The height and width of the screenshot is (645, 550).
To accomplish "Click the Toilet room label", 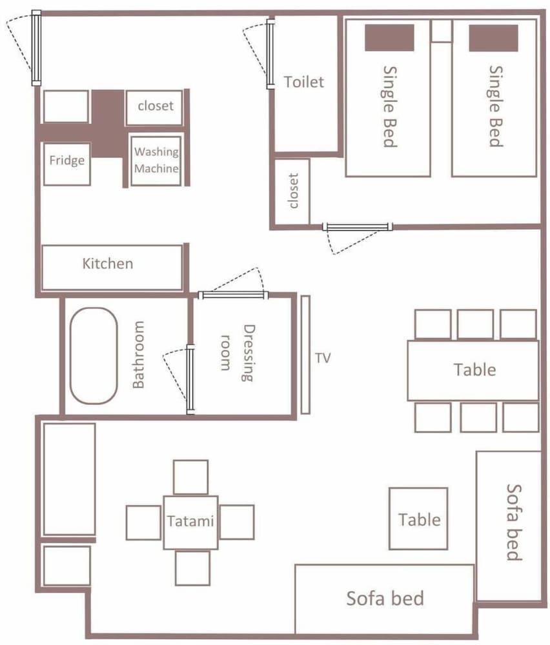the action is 304,82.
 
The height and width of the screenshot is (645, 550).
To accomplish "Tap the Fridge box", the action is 66,164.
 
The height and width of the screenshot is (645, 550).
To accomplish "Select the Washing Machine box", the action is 156,161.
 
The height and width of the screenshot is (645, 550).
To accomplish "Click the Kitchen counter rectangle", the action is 112,268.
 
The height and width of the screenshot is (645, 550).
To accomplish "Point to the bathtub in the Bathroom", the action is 94,356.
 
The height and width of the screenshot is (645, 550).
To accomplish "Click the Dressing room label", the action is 238,353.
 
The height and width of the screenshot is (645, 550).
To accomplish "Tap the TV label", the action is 323,358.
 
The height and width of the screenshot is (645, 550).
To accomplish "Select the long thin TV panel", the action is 305,354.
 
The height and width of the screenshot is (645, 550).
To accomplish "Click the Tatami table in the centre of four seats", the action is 190,522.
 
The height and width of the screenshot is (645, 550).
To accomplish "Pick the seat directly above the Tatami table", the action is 190,477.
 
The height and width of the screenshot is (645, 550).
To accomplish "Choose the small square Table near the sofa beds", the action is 418,519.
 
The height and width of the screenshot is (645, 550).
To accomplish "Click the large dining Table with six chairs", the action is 473,370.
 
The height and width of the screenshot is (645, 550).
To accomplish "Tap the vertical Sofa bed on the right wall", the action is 509,526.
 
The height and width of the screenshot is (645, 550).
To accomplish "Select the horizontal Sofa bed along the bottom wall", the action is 385,599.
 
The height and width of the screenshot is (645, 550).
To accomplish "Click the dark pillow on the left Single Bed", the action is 389,38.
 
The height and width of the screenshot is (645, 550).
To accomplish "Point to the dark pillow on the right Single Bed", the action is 493,38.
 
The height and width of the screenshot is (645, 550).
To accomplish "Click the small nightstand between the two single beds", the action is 442,31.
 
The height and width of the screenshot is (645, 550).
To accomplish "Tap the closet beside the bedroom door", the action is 292,192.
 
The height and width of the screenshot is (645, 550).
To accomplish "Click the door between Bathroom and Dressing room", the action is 190,379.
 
